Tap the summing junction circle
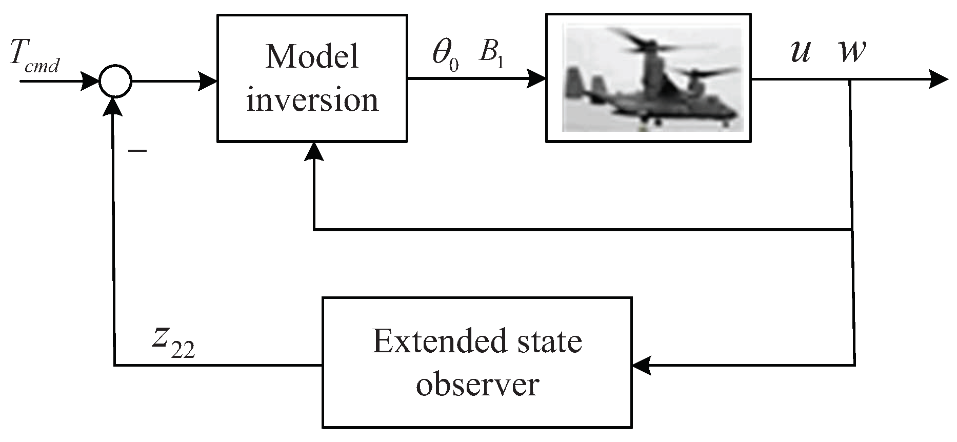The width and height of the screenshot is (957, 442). pyautogui.click(x=115, y=81)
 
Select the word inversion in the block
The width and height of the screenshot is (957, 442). pyautogui.click(x=312, y=100)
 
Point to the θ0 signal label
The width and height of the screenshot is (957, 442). pyautogui.click(x=445, y=55)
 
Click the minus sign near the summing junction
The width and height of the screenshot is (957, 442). pyautogui.click(x=137, y=151)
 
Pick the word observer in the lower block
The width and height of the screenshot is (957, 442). pyautogui.click(x=477, y=385)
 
